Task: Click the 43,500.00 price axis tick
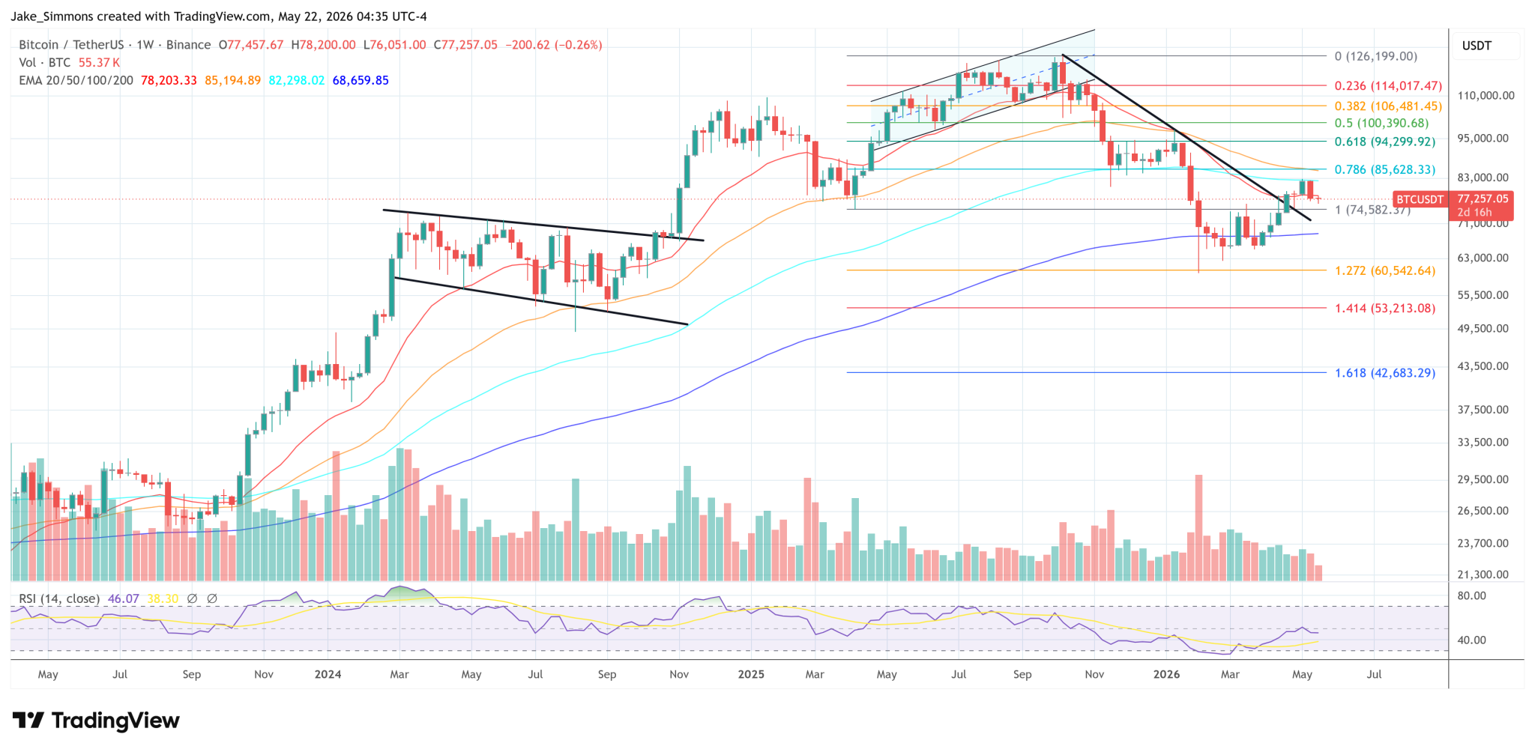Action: [x=1483, y=366]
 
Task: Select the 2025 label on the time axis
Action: [x=751, y=674]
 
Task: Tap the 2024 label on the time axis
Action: [x=328, y=674]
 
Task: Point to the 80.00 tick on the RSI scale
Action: [x=1471, y=596]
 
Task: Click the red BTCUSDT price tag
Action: [x=1419, y=199]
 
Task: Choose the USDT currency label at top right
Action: [x=1477, y=46]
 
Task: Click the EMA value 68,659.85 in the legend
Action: [x=361, y=80]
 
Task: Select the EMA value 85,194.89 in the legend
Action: [x=232, y=80]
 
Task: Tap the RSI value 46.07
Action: [x=124, y=599]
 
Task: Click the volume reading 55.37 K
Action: [x=99, y=63]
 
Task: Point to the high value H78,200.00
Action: [x=323, y=45]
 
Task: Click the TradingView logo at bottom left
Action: [x=96, y=721]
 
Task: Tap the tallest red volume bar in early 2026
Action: [x=1198, y=528]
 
